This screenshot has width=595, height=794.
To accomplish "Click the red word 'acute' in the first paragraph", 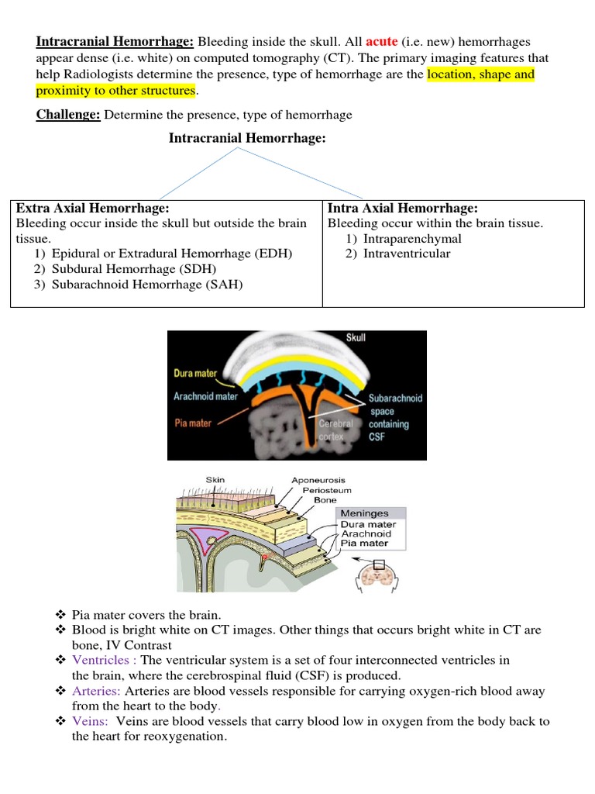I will pos(382,42).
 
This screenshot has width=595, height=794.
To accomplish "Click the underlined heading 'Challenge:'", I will pos(68,115).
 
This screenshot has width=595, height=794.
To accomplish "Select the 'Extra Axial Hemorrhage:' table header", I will pos(93,209).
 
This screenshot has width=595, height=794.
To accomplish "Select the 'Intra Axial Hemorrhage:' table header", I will pos(403,209).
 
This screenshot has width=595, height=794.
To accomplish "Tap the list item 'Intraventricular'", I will pos(407,254).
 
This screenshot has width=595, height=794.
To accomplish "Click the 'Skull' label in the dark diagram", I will pos(356,338).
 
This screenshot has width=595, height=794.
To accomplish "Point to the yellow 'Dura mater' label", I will pos(195,373).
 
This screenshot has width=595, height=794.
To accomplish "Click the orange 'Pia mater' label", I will pos(192,423).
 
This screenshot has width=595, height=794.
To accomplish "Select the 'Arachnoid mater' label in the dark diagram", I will pos(206,396).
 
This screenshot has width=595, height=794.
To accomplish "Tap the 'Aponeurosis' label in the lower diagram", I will pos(318,481).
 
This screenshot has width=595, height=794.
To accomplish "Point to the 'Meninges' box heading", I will pos(364,513).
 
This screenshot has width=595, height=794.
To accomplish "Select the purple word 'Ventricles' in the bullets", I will pos(103,660).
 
